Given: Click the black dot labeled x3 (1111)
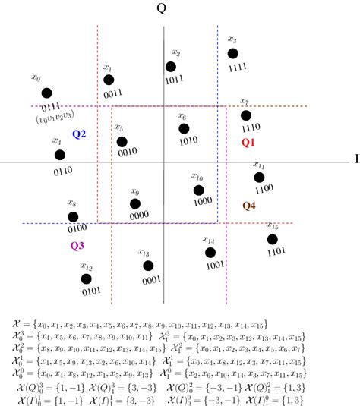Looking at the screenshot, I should click(233, 53).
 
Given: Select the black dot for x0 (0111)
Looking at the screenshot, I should click(47, 93).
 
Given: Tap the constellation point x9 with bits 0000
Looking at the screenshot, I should click(135, 204).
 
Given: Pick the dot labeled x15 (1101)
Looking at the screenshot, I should click(273, 239).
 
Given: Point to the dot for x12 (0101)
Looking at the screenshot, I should click(87, 279).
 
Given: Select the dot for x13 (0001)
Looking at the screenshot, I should click(148, 266).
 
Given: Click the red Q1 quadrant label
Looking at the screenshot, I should click(249, 142).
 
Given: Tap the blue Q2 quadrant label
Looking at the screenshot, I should click(79, 134).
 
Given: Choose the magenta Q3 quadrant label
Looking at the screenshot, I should click(77, 245).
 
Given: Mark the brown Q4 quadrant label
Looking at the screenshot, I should click(249, 206).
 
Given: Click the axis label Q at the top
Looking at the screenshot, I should click(161, 9).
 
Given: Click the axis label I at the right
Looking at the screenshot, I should click(355, 160).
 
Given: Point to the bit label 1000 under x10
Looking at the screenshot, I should click(202, 202).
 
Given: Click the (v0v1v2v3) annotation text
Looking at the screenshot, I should click(55, 119).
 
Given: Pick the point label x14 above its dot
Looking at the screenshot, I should click(208, 240).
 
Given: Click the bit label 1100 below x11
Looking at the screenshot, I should click(264, 188).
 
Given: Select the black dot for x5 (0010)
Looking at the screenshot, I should click(122, 140).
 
